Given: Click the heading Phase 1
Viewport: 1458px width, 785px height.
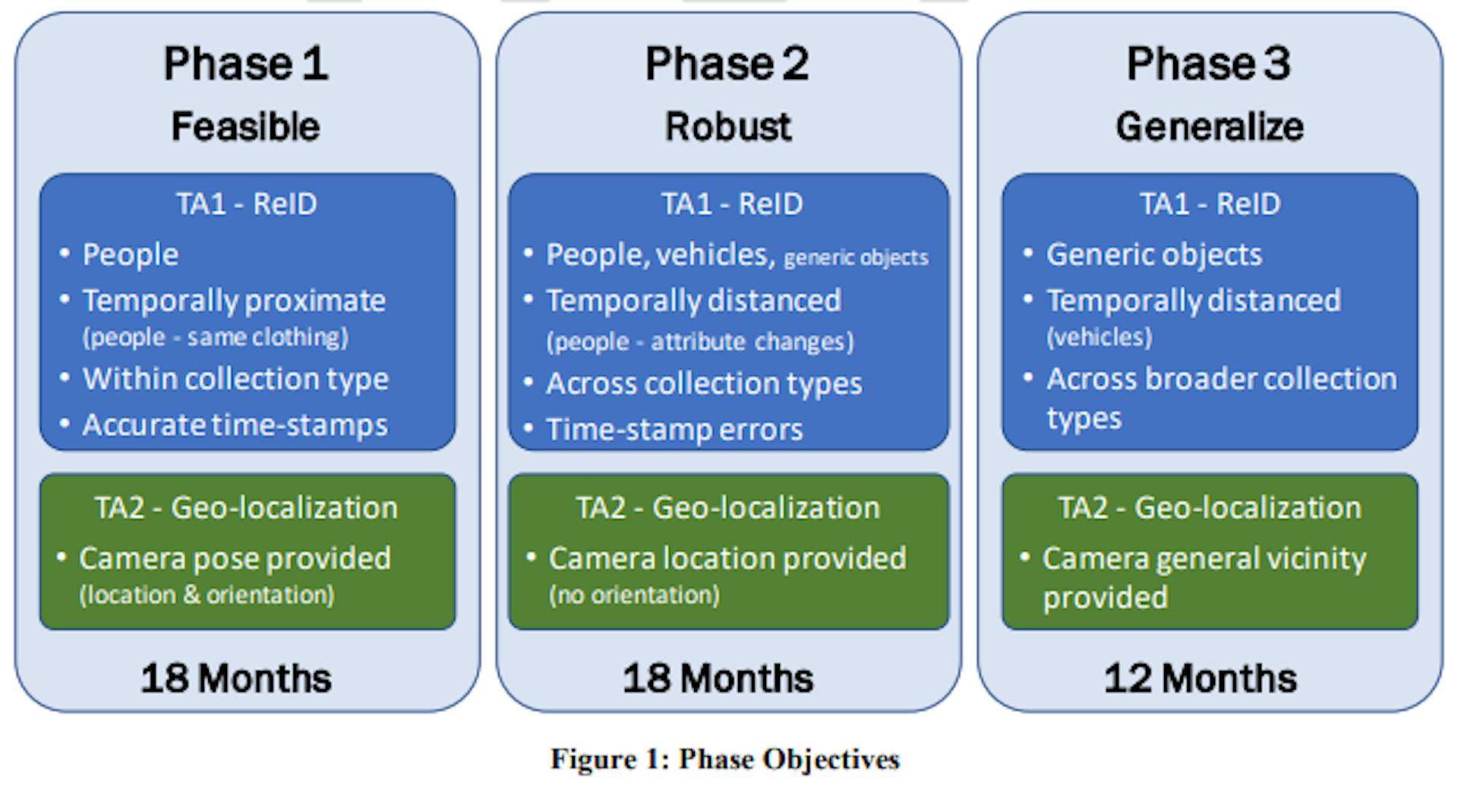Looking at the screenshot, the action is point(246,63).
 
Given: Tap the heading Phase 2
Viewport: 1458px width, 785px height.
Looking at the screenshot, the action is point(727,63).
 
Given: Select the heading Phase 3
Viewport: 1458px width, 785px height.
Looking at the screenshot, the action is point(1208,63).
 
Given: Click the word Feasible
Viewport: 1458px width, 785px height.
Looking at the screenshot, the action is point(245,126).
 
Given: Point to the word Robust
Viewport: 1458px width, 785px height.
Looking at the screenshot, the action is point(728,126).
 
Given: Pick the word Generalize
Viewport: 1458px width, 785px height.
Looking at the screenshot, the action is point(1210,126).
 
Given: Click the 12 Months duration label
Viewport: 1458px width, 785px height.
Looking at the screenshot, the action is point(1200,678).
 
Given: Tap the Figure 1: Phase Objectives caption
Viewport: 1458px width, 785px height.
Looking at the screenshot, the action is point(725,759).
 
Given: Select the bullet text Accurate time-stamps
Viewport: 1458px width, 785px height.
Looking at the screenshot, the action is point(235,425).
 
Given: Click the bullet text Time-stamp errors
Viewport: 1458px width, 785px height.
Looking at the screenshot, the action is point(674,430).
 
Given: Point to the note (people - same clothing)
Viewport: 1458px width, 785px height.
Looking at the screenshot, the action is point(215,337).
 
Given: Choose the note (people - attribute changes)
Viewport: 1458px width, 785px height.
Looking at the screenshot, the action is point(700,342).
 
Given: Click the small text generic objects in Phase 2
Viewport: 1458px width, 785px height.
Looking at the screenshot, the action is point(856,258).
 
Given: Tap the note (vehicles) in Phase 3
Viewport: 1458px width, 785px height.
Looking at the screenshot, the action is point(1099,337).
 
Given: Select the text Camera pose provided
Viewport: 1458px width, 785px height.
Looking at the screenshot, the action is point(235,559).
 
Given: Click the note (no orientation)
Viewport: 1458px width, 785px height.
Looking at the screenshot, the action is point(634,594).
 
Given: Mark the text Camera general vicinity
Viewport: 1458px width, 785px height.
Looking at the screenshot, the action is point(1204,559).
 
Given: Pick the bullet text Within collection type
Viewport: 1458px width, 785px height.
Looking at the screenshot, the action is point(235,379).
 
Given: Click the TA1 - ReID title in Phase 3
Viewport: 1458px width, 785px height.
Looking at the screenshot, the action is point(1210,203).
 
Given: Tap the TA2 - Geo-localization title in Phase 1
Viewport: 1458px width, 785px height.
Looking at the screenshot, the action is point(246,507).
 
